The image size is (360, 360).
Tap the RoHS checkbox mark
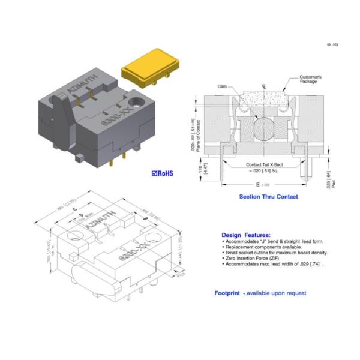155,173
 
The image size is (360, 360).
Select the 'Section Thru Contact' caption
268,196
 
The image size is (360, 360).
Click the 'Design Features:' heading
245,235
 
